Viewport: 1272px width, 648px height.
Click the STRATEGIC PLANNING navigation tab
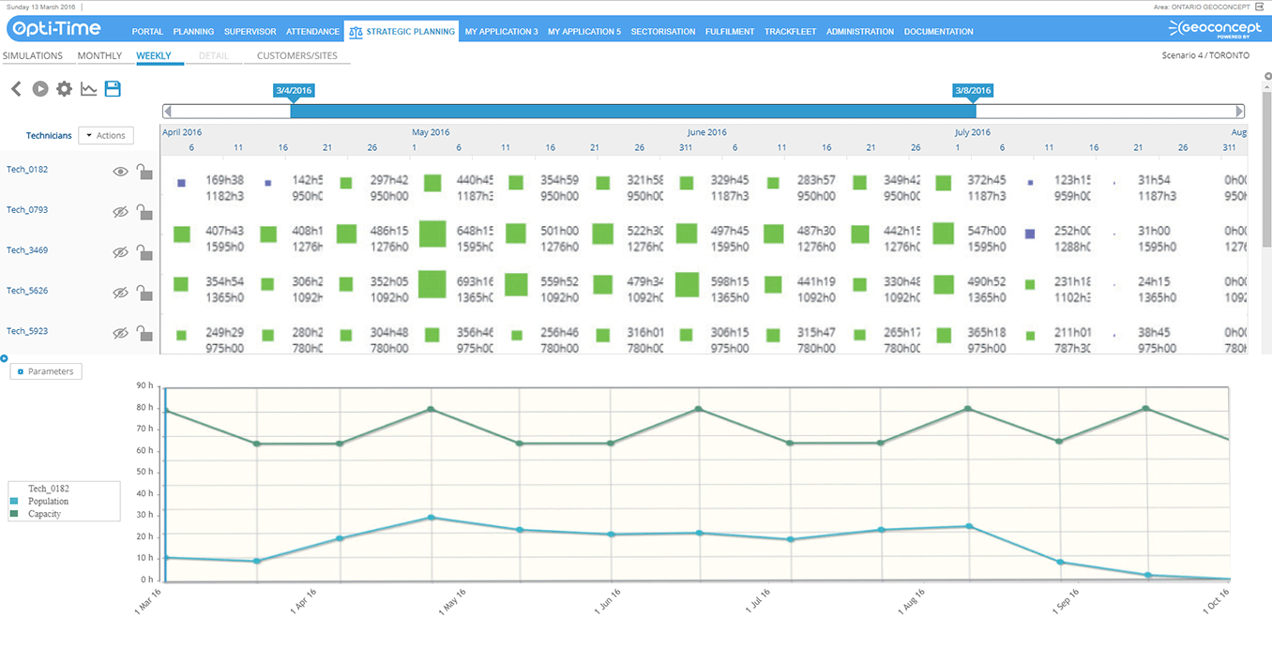[x=401, y=31]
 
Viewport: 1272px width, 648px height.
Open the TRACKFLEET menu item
[x=790, y=32]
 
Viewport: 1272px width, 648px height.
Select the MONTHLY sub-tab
[x=99, y=56]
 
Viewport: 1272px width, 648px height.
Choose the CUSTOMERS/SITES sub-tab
[x=296, y=56]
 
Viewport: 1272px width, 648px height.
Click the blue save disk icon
[x=113, y=89]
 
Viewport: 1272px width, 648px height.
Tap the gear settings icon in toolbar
[x=64, y=89]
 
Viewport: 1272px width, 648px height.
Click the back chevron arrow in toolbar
[x=16, y=89]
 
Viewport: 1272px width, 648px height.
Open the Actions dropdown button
[x=106, y=136]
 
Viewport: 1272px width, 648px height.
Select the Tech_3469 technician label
[x=27, y=250]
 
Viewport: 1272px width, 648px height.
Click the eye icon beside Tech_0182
[x=120, y=172]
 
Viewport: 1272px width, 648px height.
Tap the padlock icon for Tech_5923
[x=144, y=333]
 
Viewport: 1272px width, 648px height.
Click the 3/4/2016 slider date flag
[x=294, y=91]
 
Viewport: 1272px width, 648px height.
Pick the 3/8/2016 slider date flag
[x=972, y=91]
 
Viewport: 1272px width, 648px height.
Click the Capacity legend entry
[x=44, y=514]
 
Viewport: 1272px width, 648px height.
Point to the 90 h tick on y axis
[x=144, y=385]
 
